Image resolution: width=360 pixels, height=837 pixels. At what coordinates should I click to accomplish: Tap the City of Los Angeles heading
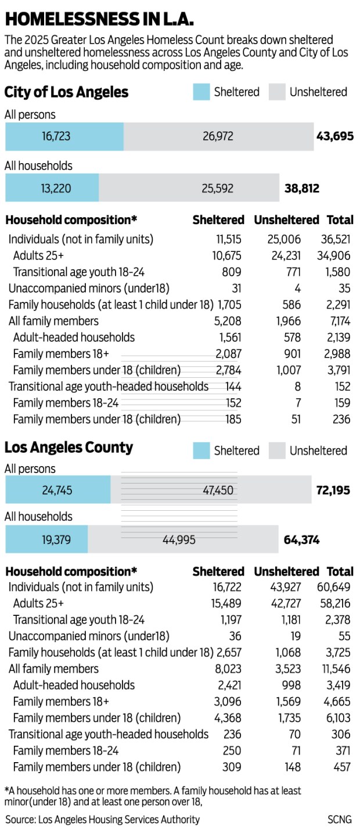click(66, 92)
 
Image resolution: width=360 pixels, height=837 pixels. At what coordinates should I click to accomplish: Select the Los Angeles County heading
click(69, 448)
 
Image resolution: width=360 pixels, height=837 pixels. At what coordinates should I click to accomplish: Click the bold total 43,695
click(335, 136)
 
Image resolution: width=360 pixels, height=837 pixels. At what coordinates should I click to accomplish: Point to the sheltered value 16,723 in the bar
click(56, 136)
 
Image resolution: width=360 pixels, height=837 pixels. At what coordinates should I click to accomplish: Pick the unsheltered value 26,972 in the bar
click(218, 136)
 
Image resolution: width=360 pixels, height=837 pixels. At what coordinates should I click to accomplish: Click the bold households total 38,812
click(302, 188)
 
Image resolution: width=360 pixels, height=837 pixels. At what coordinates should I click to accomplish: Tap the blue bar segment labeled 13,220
click(52, 188)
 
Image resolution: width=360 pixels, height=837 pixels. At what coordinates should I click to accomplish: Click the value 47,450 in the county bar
click(218, 490)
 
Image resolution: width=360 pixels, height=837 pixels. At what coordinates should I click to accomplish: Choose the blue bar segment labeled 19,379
click(46, 540)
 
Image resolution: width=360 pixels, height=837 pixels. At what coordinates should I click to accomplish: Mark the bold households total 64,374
click(302, 540)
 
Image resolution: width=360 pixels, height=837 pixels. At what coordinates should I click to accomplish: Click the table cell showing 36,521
click(336, 239)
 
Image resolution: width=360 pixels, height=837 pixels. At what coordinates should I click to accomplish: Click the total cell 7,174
click(338, 321)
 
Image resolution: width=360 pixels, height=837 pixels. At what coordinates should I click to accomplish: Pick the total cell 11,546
click(336, 669)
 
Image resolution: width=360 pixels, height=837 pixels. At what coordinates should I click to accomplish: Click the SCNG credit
click(339, 820)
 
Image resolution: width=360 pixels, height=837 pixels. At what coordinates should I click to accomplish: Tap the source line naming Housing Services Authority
click(103, 820)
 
